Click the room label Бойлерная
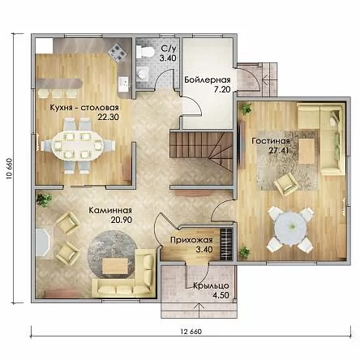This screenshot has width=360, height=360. pyautogui.click(x=208, y=79)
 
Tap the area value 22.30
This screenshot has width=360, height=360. pyautogui.click(x=108, y=117)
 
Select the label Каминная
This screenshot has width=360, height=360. pyautogui.click(x=110, y=210)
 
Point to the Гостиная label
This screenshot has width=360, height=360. pyautogui.click(x=271, y=141)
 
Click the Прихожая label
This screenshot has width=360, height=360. pyautogui.click(x=191, y=240)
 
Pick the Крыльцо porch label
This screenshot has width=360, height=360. pyautogui.click(x=211, y=285)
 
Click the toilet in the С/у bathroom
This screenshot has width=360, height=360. pyautogui.click(x=145, y=52)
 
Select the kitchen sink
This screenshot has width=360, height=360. pyautogui.click(x=124, y=84)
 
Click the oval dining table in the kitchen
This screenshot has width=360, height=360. pyautogui.click(x=77, y=146)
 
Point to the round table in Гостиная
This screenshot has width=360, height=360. pyautogui.click(x=291, y=229)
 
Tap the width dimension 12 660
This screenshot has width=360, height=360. pyautogui.click(x=191, y=332)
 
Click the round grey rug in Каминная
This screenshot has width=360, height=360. pyautogui.click(x=111, y=255)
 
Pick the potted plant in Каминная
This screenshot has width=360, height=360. pyautogui.click(x=45, y=200)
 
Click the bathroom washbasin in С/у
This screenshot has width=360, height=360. pyautogui.click(x=142, y=73)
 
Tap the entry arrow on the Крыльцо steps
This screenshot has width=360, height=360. pyautogui.click(x=199, y=311)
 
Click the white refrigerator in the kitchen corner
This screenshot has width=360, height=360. pyautogui.click(x=44, y=46)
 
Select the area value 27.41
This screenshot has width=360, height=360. pyautogui.click(x=278, y=150)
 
